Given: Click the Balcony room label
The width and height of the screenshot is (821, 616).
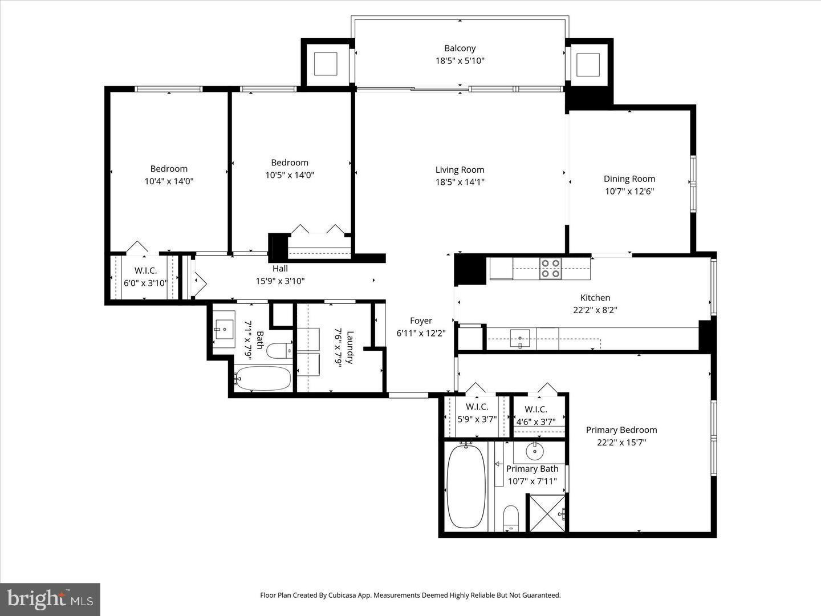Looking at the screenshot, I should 460,48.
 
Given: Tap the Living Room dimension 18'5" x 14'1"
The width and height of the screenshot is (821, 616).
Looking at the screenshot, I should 460,183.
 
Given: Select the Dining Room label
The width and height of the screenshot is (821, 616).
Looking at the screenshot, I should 629,179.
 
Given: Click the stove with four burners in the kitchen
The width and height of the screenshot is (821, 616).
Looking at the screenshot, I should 550,268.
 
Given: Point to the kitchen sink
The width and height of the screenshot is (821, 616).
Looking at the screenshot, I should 519,338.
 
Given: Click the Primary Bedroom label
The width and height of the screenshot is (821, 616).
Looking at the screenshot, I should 621,430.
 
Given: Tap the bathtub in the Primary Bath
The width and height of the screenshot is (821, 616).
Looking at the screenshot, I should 466,487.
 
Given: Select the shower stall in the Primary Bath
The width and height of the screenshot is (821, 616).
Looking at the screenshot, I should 548,513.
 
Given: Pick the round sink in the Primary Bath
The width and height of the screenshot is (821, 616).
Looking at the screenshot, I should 535,452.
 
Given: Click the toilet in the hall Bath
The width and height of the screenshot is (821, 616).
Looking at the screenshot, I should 279,350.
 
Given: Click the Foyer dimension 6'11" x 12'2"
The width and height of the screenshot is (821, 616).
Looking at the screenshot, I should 421,333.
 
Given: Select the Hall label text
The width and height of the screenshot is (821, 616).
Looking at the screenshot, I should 280,269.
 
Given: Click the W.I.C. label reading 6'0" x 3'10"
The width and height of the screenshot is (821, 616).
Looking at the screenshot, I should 145,282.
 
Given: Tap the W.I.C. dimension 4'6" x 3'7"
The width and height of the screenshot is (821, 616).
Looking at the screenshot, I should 535,422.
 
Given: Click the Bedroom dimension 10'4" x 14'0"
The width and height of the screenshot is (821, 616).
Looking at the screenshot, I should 169,181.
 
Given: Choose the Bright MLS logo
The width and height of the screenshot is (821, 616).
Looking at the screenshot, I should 50,599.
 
